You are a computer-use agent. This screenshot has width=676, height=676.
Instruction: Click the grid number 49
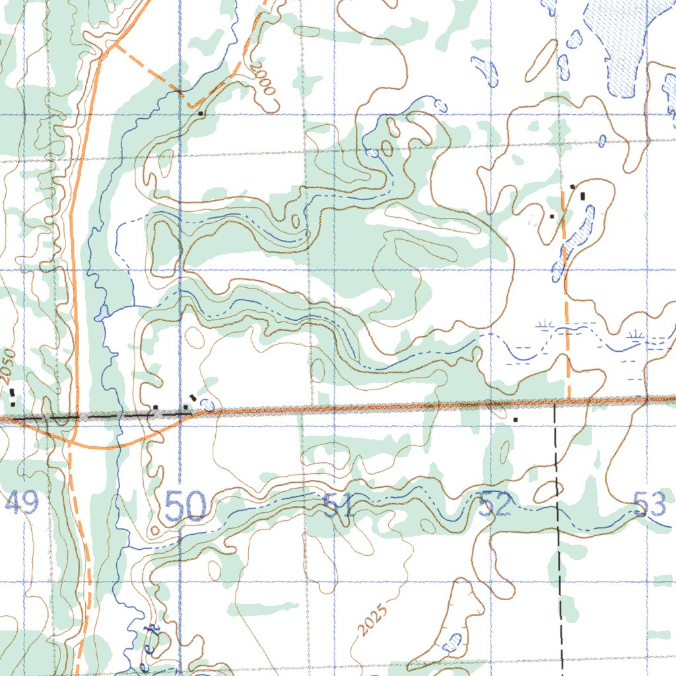pos(21,505)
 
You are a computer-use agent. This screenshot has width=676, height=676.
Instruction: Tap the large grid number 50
pos(186,507)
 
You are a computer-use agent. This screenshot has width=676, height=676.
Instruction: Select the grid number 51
pos(339,506)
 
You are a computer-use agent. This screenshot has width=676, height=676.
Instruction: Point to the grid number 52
pos(495,506)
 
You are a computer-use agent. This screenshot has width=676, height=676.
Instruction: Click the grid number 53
pos(650,506)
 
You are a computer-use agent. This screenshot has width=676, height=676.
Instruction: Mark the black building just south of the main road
pos(516,419)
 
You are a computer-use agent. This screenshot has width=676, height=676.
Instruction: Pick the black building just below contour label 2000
pos(201,114)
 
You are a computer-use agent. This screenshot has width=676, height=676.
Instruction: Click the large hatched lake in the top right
pos(617,46)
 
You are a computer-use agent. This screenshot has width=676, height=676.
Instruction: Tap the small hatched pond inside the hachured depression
pos(452,640)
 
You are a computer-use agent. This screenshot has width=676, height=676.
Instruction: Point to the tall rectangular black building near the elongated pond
pos(582,195)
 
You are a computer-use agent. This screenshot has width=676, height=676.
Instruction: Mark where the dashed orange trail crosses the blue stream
pos(180,92)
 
